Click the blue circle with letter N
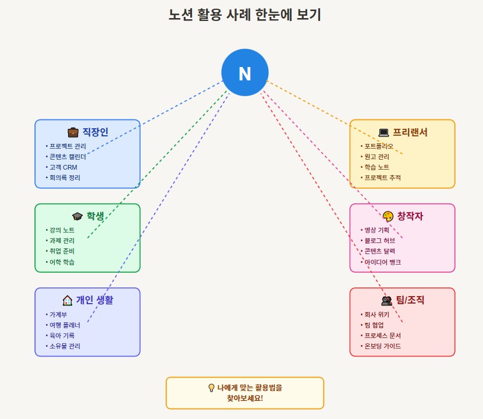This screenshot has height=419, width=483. tap(244, 73)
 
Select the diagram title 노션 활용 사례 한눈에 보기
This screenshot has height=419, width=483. tap(244, 15)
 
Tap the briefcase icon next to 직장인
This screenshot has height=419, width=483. tap(73, 132)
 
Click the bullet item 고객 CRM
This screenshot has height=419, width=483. tap(63, 167)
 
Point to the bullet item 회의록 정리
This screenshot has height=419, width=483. tap(65, 178)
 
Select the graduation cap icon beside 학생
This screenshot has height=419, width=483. tap(77, 216)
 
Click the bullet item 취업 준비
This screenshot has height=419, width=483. tap(62, 251)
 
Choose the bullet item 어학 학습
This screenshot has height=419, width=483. tap(62, 262)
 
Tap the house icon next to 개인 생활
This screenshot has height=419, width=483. tap(68, 300)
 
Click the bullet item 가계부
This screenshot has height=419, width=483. tap(58, 315)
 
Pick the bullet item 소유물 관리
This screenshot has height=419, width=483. tap(65, 346)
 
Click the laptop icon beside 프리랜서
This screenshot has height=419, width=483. tap(383, 132)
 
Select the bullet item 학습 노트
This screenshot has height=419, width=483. tap(377, 167)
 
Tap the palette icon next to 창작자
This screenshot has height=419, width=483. tap(388, 216)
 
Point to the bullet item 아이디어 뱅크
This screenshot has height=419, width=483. tap(382, 262)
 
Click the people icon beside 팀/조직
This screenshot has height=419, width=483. tap(386, 301)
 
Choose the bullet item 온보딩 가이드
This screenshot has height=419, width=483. tap(382, 346)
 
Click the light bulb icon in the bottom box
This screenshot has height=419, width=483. tap(211, 388)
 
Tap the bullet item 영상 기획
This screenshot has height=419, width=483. tap(377, 230)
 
